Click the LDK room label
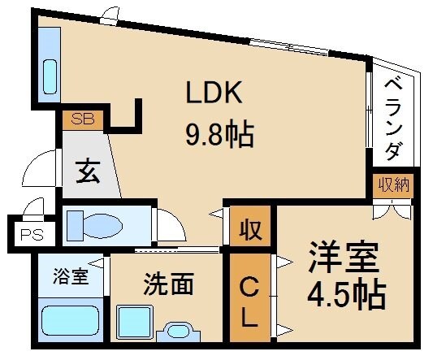coord(215,95)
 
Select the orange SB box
coord(83,119)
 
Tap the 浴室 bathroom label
coord(69,273)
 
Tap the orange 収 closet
coord(251,229)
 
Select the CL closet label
coord(251,301)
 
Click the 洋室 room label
coord(343,259)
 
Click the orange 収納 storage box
coord(392,186)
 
